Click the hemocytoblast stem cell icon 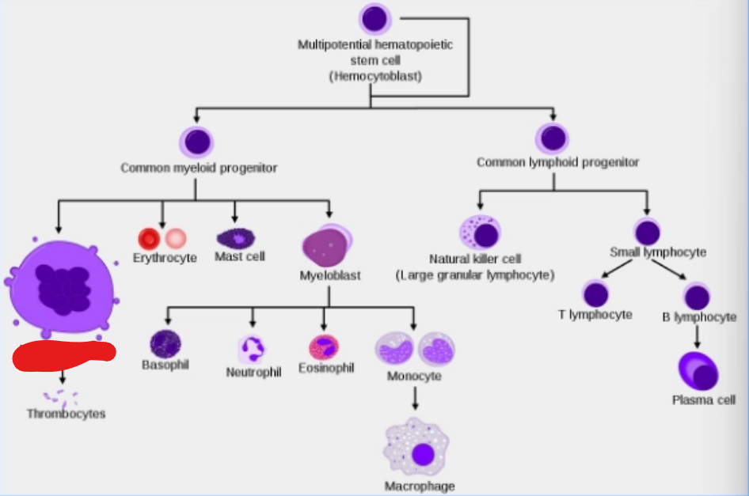[375, 18]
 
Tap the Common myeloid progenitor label [199, 168]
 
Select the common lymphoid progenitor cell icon [553, 138]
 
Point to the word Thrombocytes [66, 414]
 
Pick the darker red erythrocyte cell [149, 238]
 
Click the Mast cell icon [236, 238]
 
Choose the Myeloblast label [330, 275]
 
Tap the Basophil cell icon [165, 343]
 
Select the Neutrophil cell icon [252, 349]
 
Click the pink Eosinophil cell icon [324, 347]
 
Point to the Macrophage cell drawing [416, 447]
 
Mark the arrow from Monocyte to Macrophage [415, 398]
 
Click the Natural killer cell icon [480, 233]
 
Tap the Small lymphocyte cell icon [647, 232]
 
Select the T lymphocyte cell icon [595, 294]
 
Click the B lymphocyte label [699, 317]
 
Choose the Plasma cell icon [698, 371]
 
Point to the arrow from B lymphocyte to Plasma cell [697, 337]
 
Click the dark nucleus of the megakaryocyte [63, 290]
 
